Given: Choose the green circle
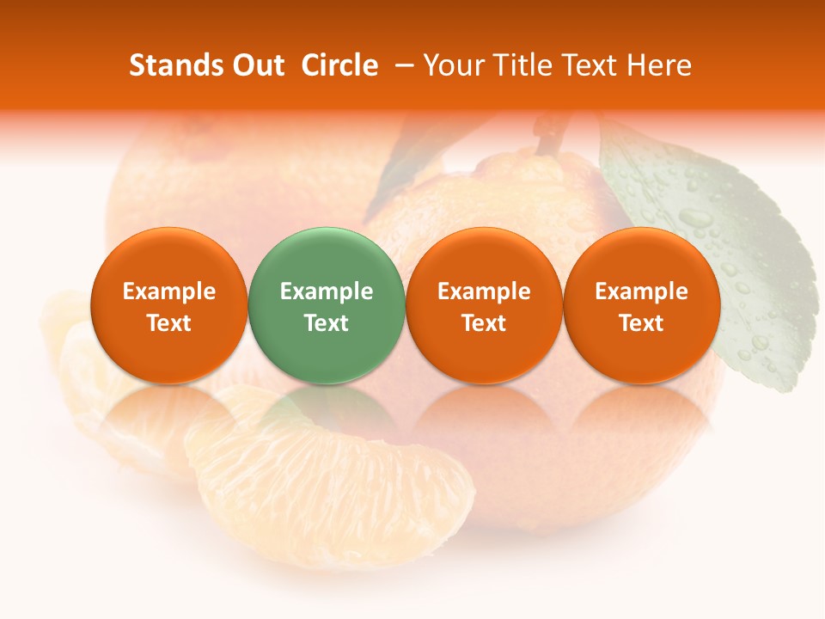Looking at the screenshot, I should pyautogui.click(x=327, y=305).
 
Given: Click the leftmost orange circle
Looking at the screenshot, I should pyautogui.click(x=169, y=305).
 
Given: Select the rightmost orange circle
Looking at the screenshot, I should pyautogui.click(x=641, y=305).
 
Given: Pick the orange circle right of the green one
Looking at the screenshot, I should pyautogui.click(x=484, y=305).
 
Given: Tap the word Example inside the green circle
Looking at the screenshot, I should pyautogui.click(x=327, y=291).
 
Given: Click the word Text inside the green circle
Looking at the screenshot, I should pyautogui.click(x=327, y=323).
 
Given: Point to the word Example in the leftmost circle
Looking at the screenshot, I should pyautogui.click(x=169, y=291).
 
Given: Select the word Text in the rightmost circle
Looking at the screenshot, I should pyautogui.click(x=641, y=323).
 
